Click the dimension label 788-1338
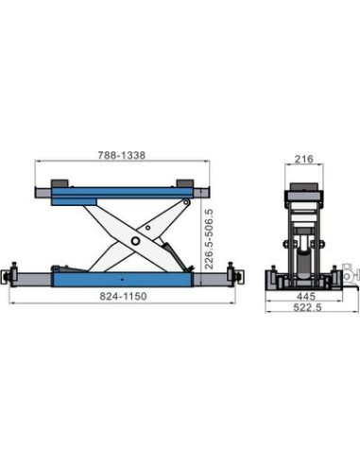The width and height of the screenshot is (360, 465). coord(122,155)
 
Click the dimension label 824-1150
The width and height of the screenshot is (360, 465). coord(123,296)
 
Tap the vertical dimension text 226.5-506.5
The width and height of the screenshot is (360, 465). coord(209,239)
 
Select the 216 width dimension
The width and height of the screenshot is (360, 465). coord(304,159)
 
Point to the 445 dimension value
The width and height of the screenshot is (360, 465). coord(306,296)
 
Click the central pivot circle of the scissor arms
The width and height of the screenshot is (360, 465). coord(135,241)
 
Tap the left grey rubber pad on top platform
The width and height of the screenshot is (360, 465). coord(60,183)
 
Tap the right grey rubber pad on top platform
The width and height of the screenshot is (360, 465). coord(185,183)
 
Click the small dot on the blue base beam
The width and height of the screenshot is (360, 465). coord(123,279)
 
